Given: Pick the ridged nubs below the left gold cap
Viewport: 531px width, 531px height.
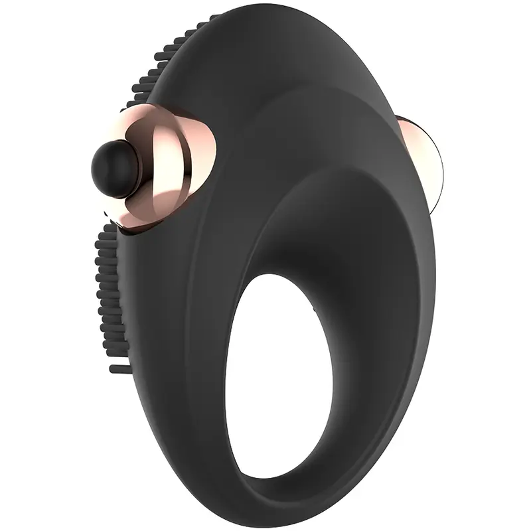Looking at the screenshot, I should (x=110, y=285).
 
